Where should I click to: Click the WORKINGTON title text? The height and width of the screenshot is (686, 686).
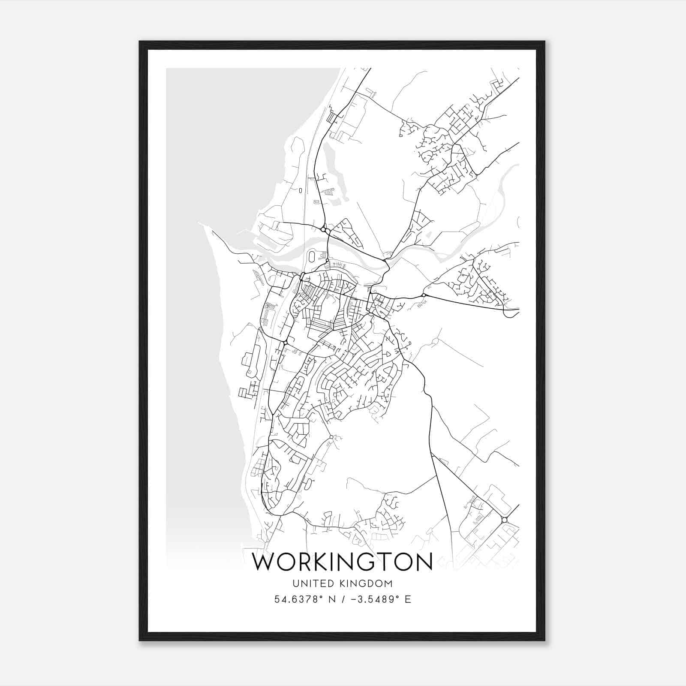point(343,562)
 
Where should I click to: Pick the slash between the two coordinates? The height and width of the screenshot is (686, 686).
point(342,599)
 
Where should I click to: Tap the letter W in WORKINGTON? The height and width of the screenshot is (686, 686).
point(264,562)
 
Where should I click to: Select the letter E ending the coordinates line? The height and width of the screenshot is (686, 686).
point(407,599)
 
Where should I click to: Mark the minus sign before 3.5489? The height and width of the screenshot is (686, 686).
point(352,599)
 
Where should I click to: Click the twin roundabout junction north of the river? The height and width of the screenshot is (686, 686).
point(325,231)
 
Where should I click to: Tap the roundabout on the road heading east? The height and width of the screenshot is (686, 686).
point(424,295)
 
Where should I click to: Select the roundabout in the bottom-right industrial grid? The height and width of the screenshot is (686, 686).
point(505,520)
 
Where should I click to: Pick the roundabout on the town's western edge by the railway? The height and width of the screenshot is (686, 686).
point(285,342)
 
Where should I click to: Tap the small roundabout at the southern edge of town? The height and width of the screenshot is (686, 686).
point(331,437)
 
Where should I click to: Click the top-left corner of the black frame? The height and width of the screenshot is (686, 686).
point(140,42)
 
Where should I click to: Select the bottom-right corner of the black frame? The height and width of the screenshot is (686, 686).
point(544,640)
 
